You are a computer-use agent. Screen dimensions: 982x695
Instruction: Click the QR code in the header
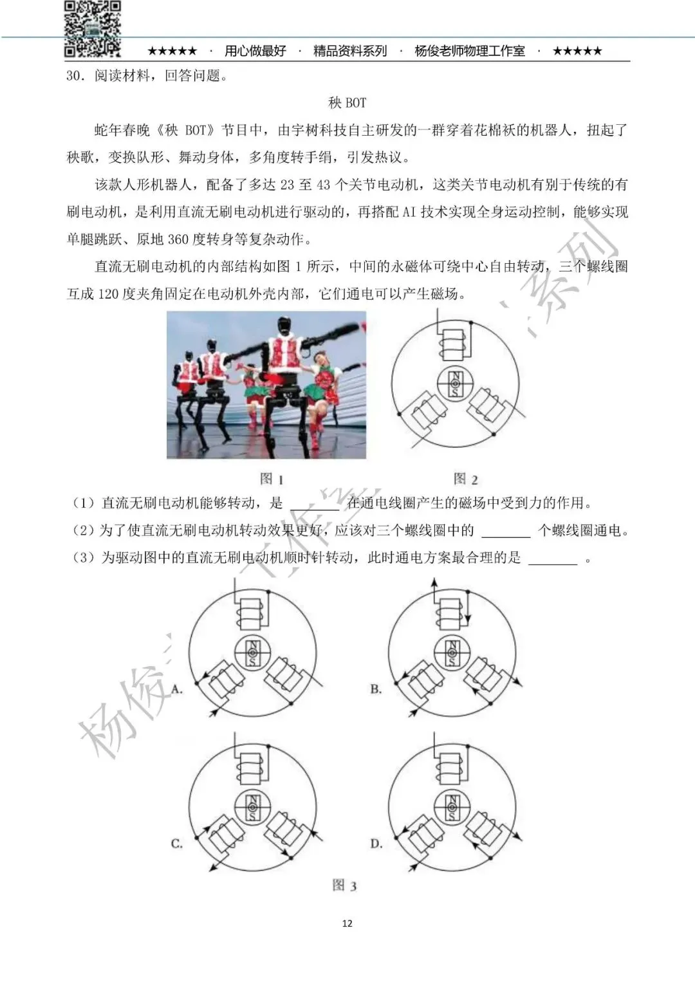93,28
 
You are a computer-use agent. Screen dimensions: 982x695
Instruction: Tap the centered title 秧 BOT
347,103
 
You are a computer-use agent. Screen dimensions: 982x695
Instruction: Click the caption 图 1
272,479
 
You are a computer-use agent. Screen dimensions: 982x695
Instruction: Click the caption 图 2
465,479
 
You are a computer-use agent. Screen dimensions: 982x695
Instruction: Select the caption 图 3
344,885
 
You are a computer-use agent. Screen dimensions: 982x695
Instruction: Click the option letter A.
178,689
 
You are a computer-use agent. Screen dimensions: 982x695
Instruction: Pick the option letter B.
376,689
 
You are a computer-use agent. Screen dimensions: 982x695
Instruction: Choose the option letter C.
177,843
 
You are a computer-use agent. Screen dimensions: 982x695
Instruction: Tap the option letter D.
376,843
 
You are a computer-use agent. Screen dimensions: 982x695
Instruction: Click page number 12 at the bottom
347,923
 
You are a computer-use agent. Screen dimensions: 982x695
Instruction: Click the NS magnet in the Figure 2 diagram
456,384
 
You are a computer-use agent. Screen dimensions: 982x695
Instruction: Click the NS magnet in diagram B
452,653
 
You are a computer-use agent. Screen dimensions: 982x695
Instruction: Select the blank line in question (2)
506,532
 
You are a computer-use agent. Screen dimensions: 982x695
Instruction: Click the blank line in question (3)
553,559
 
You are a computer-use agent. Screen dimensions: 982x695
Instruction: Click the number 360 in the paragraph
178,239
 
